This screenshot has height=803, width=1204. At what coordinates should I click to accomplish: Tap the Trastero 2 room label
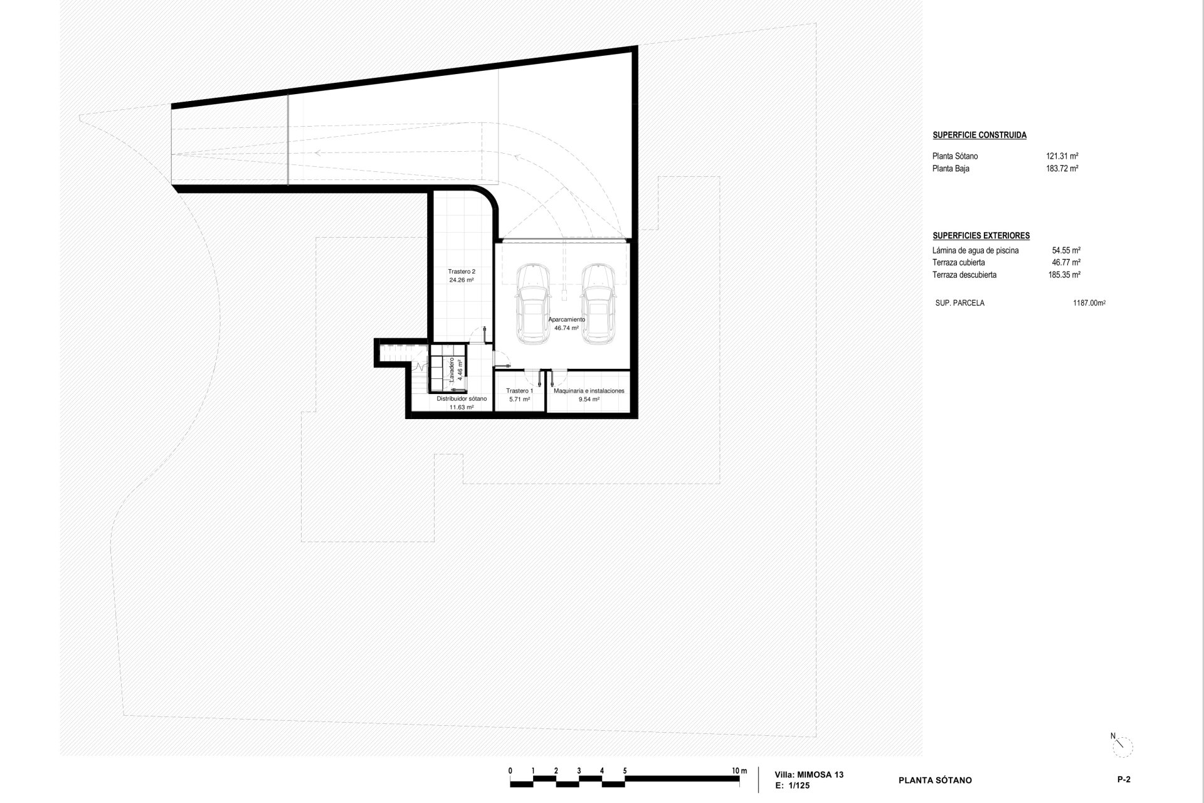462,276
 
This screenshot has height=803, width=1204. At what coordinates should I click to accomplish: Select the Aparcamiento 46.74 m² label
567,323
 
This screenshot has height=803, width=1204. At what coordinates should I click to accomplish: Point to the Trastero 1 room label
519,395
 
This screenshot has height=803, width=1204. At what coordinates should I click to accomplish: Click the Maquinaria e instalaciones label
589,395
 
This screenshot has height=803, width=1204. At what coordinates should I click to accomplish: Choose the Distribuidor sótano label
462,403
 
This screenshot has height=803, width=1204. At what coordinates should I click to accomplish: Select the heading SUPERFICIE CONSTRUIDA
980,135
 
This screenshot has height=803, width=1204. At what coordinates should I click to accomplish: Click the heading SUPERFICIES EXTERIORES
981,236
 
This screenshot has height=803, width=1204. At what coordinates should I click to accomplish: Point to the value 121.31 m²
1062,156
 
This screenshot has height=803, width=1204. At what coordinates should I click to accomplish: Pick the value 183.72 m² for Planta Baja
1062,169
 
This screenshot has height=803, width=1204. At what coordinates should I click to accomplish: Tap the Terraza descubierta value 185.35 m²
1064,275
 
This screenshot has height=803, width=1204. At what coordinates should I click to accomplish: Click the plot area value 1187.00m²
1089,303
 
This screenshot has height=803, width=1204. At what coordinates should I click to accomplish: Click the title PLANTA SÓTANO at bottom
935,780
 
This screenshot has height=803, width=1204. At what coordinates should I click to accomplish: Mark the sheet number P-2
1123,780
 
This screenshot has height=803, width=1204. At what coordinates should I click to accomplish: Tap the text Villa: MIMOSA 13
810,775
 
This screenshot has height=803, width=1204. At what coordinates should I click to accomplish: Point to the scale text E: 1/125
793,785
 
